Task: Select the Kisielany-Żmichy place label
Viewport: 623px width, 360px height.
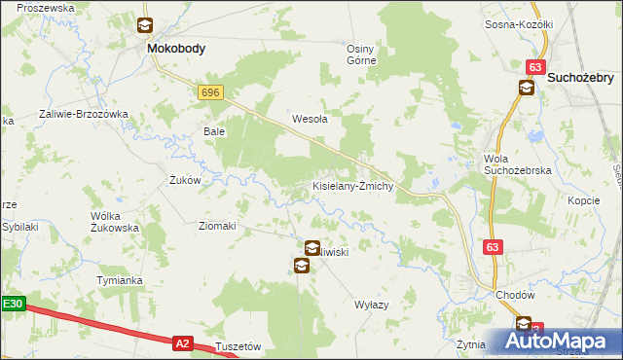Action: [351, 186]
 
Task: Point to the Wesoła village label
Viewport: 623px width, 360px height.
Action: [310, 120]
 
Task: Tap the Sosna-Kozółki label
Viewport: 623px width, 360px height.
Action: [519, 24]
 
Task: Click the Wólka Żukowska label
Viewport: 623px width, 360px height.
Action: [115, 221]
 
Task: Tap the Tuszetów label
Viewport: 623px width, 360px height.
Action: [238, 346]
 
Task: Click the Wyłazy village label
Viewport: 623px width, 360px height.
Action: [371, 305]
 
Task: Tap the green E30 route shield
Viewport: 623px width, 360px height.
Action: [12, 304]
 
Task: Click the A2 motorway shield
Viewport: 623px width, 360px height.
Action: [182, 342]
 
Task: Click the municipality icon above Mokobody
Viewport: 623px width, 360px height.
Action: [145, 26]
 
